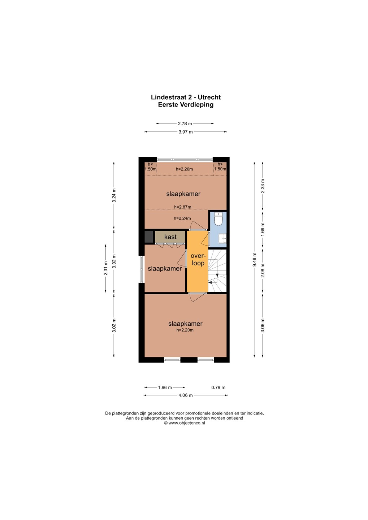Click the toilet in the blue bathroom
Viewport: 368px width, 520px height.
coord(218,218)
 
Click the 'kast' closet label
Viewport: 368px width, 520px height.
coord(170,237)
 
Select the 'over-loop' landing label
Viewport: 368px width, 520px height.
coord(198,259)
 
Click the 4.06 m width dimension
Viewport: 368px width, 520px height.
coord(186,395)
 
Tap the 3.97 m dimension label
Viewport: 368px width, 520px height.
coord(186,132)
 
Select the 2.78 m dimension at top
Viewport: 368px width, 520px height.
coord(185,123)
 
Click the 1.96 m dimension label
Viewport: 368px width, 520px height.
coord(165,387)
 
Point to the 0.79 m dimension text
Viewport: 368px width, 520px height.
coord(218,387)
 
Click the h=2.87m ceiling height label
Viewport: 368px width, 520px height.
coord(183,207)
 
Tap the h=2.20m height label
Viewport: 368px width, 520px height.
coord(185,330)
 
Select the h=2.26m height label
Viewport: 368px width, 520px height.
coord(184,169)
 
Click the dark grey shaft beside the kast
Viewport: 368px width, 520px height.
coord(149,237)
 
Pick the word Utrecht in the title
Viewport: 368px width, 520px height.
coord(209,97)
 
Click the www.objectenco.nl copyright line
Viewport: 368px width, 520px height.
coord(184,423)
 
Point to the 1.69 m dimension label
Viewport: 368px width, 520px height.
coord(263,229)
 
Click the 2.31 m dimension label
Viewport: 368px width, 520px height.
coord(106,268)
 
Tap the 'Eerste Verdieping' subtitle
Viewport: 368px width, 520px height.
coord(186,104)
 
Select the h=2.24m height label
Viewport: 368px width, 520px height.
coord(182,218)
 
